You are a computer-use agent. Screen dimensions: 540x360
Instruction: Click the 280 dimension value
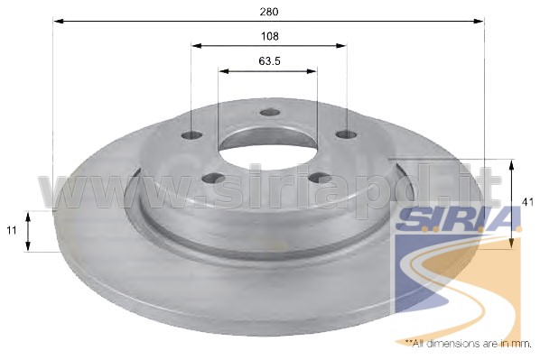coord(269,12)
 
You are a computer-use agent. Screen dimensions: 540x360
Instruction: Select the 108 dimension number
coord(270,36)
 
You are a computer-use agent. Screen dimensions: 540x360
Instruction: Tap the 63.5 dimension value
coord(270,61)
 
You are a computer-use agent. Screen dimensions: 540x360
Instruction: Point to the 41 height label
coord(527,202)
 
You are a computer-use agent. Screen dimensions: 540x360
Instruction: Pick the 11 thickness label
coord(12,230)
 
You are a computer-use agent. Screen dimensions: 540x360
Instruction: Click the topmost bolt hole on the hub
coord(270,112)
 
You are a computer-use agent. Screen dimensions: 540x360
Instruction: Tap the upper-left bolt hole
coord(191,135)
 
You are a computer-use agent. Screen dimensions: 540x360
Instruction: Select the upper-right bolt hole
coord(347,134)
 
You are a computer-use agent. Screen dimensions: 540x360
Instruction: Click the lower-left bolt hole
coord(213,178)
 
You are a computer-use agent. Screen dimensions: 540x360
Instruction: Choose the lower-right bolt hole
coord(320,178)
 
